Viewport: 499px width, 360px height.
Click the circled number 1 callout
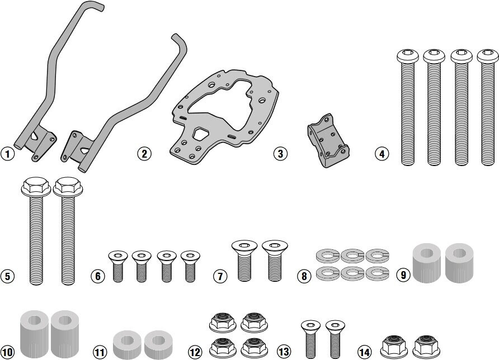pos(8,154)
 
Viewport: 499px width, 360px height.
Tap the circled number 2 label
pos(144,154)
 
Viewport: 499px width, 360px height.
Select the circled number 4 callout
pos(382,154)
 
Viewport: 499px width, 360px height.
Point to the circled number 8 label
pos(304,276)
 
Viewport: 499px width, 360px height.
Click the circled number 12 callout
pos(195,352)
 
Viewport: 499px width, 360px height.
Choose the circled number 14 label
pos(364,352)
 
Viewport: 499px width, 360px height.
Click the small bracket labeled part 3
pos(328,140)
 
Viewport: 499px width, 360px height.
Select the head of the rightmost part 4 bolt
pos(488,56)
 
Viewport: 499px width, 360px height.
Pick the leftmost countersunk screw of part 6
pos(117,266)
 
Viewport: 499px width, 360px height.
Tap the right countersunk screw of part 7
pos(275,260)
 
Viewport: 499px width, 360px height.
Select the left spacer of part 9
pos(427,262)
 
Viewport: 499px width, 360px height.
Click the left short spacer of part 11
pos(127,344)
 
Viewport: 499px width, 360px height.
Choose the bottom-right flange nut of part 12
pos(254,347)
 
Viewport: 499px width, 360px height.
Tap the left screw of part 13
pos(311,339)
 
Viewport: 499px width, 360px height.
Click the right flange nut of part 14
pos(426,345)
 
